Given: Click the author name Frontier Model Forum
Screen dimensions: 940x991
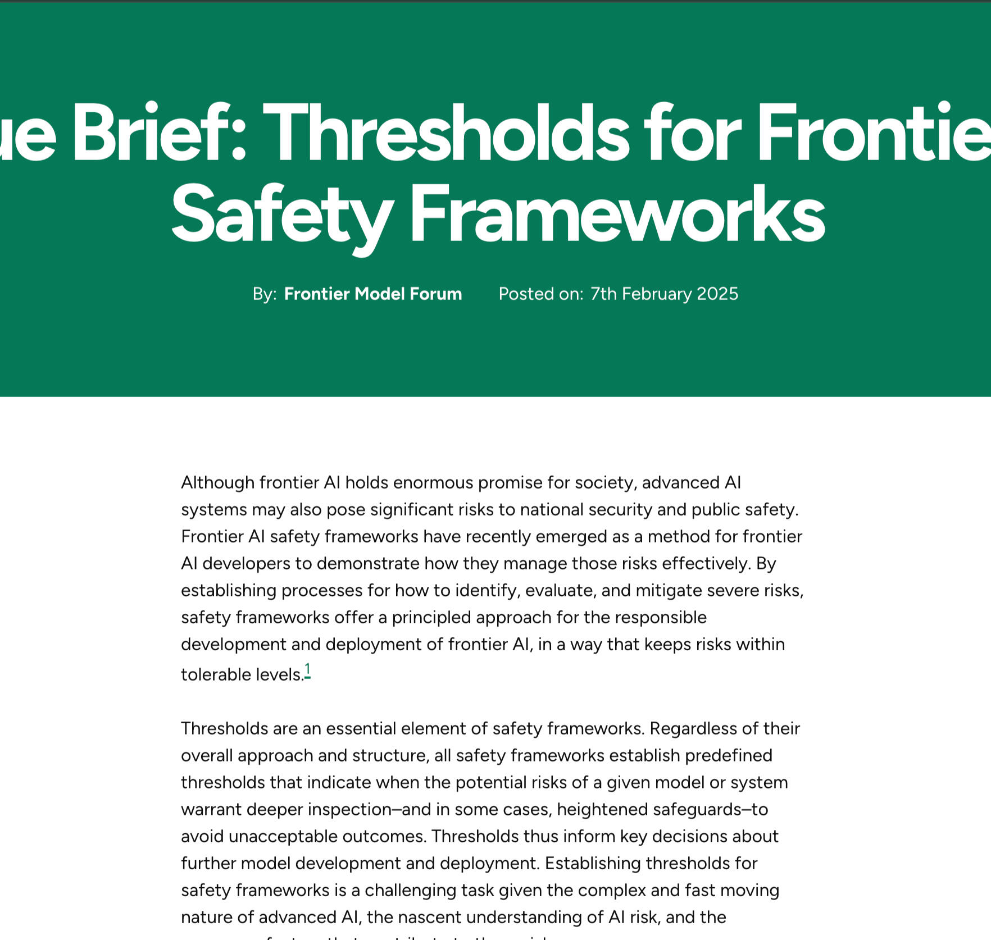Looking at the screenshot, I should coord(373,294).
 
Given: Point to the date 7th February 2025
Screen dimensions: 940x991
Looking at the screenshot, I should coord(664,294).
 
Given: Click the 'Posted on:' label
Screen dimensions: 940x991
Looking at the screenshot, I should coord(541,294).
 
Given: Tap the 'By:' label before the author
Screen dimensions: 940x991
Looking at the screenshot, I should coord(265,294).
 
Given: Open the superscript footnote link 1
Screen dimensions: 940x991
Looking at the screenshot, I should coord(308,670).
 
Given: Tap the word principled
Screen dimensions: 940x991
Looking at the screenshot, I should coord(431,618).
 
